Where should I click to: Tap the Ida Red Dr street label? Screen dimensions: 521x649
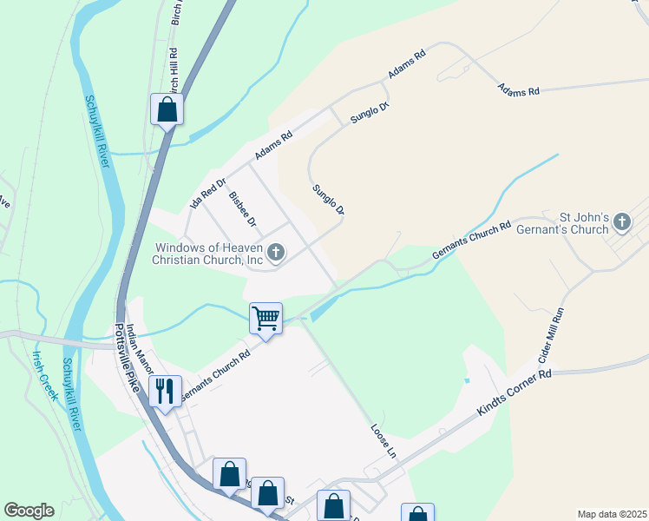click(207, 193)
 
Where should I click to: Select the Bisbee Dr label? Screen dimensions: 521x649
click(243, 208)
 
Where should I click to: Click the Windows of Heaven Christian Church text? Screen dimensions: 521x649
click(207, 254)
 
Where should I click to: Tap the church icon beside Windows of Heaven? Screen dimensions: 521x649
click(276, 253)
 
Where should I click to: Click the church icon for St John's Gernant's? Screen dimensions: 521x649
click(621, 223)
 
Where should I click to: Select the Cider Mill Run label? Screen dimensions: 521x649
click(551, 336)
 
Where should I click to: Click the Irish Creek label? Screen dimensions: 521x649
click(44, 375)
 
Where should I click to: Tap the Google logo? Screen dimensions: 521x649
click(29, 511)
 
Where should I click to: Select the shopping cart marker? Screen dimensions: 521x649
click(265, 319)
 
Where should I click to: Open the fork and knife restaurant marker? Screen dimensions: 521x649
click(164, 391)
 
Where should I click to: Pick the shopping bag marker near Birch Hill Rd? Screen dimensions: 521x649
click(167, 109)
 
